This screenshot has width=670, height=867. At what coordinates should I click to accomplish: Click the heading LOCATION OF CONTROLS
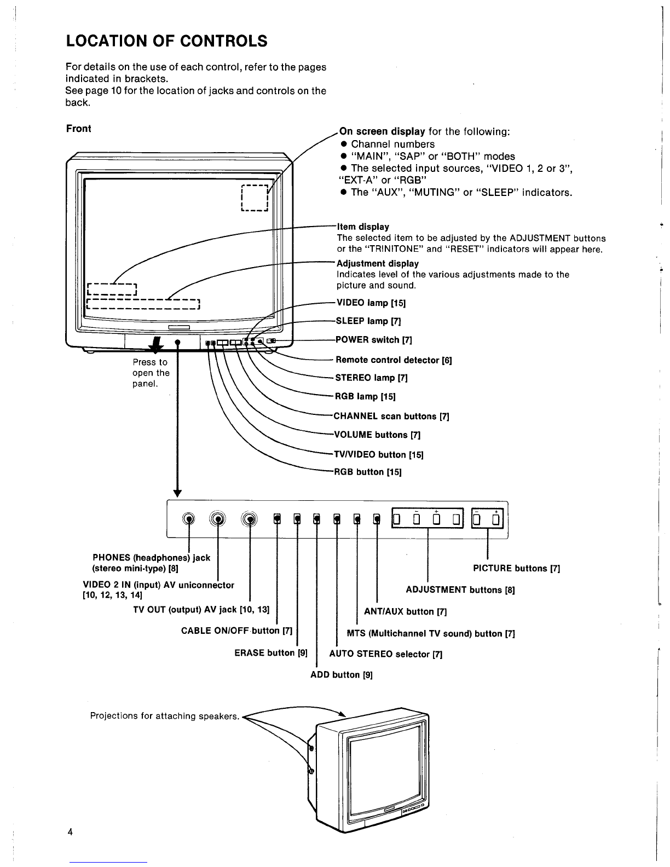[166, 41]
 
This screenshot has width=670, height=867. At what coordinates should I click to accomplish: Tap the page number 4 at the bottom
[70, 832]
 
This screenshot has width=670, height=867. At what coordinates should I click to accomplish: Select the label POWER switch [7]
[373, 340]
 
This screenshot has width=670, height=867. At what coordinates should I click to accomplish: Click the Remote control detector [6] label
[394, 360]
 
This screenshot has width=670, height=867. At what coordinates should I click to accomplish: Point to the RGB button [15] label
[367, 472]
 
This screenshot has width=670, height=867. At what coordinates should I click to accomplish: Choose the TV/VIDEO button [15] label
[378, 454]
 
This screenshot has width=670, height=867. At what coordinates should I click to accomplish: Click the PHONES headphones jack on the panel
[189, 519]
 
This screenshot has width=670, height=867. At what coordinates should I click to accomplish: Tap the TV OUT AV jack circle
[250, 519]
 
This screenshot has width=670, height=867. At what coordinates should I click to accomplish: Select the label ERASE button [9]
[271, 653]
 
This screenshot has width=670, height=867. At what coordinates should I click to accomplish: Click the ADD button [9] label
[342, 675]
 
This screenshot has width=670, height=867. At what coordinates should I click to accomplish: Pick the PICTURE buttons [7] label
[516, 568]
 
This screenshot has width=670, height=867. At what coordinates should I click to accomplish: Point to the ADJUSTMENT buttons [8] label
[460, 589]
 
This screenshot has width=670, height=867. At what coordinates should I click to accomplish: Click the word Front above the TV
[79, 129]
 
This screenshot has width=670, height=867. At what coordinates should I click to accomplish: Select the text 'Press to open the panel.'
[151, 373]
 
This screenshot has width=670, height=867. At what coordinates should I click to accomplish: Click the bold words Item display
[363, 227]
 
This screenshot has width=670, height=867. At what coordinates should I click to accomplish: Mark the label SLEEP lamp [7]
[368, 321]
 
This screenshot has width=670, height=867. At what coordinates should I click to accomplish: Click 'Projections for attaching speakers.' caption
[164, 716]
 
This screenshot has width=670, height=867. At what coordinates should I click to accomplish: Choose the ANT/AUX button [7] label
[405, 611]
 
